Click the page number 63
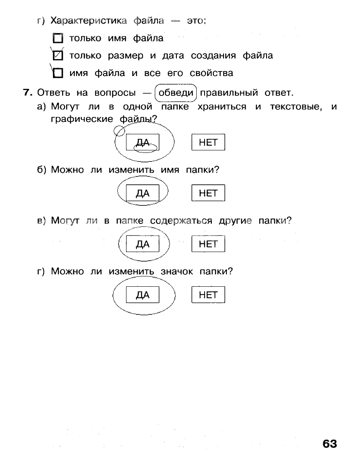tap(329, 444)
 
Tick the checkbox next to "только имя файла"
tap(58, 39)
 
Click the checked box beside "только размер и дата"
tap(58, 56)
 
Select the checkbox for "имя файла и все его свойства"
tap(58, 74)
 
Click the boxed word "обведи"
tap(176, 92)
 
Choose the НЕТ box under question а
tap(208, 143)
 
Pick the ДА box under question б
tap(143, 193)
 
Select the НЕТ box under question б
tap(208, 193)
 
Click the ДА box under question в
tap(143, 244)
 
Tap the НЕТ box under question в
tap(208, 244)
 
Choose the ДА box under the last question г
tap(143, 295)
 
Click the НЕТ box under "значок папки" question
tap(208, 295)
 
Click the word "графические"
tap(82, 119)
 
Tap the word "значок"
tap(174, 271)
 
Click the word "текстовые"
tap(296, 107)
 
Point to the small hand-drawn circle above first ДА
tap(119, 131)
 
